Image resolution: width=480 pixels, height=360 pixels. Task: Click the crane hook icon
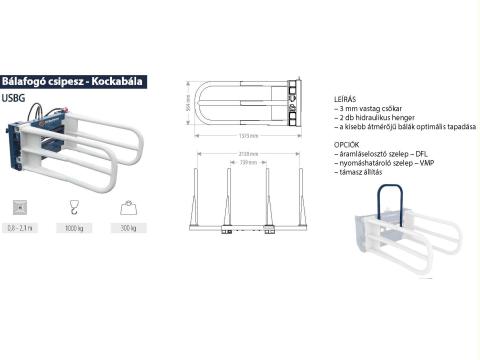72,207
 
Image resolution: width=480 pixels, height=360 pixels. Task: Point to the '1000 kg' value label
72,229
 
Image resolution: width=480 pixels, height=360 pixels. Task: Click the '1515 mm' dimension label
248,135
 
